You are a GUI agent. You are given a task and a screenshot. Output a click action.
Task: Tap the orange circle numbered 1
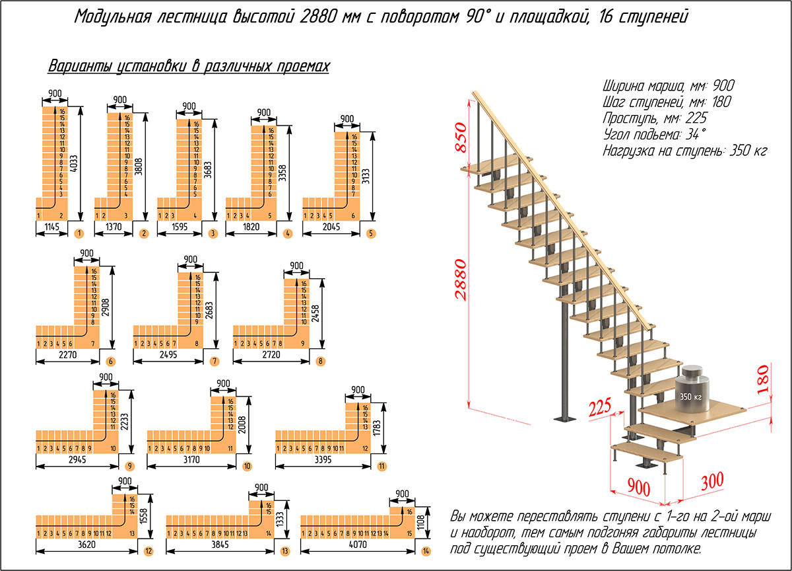[80, 233]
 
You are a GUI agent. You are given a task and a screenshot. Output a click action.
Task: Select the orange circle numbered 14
[426, 551]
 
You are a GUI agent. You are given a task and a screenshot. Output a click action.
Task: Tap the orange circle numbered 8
[320, 361]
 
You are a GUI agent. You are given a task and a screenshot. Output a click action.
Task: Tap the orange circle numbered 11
[382, 465]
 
